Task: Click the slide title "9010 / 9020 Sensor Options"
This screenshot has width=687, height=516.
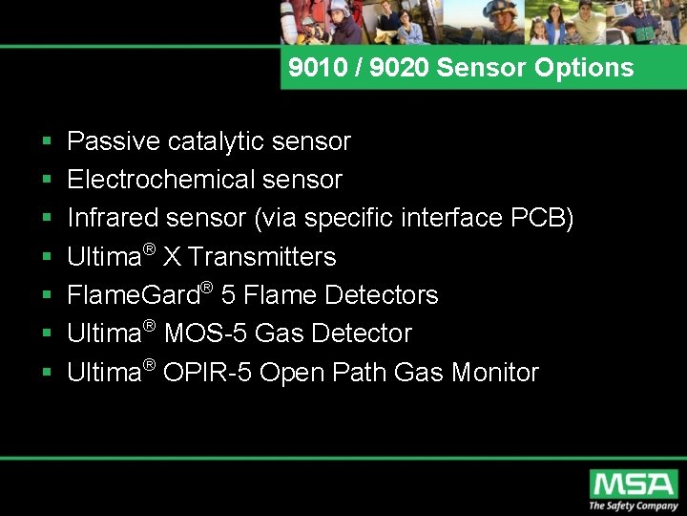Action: [x=461, y=68]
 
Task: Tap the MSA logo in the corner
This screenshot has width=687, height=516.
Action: [x=633, y=483]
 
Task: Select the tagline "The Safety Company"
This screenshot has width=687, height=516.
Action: [x=633, y=505]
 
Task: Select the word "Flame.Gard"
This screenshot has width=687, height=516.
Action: [x=132, y=295]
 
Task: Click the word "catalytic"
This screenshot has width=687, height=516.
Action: [x=217, y=141]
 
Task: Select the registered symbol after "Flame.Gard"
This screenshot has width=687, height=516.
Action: [x=205, y=286]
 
